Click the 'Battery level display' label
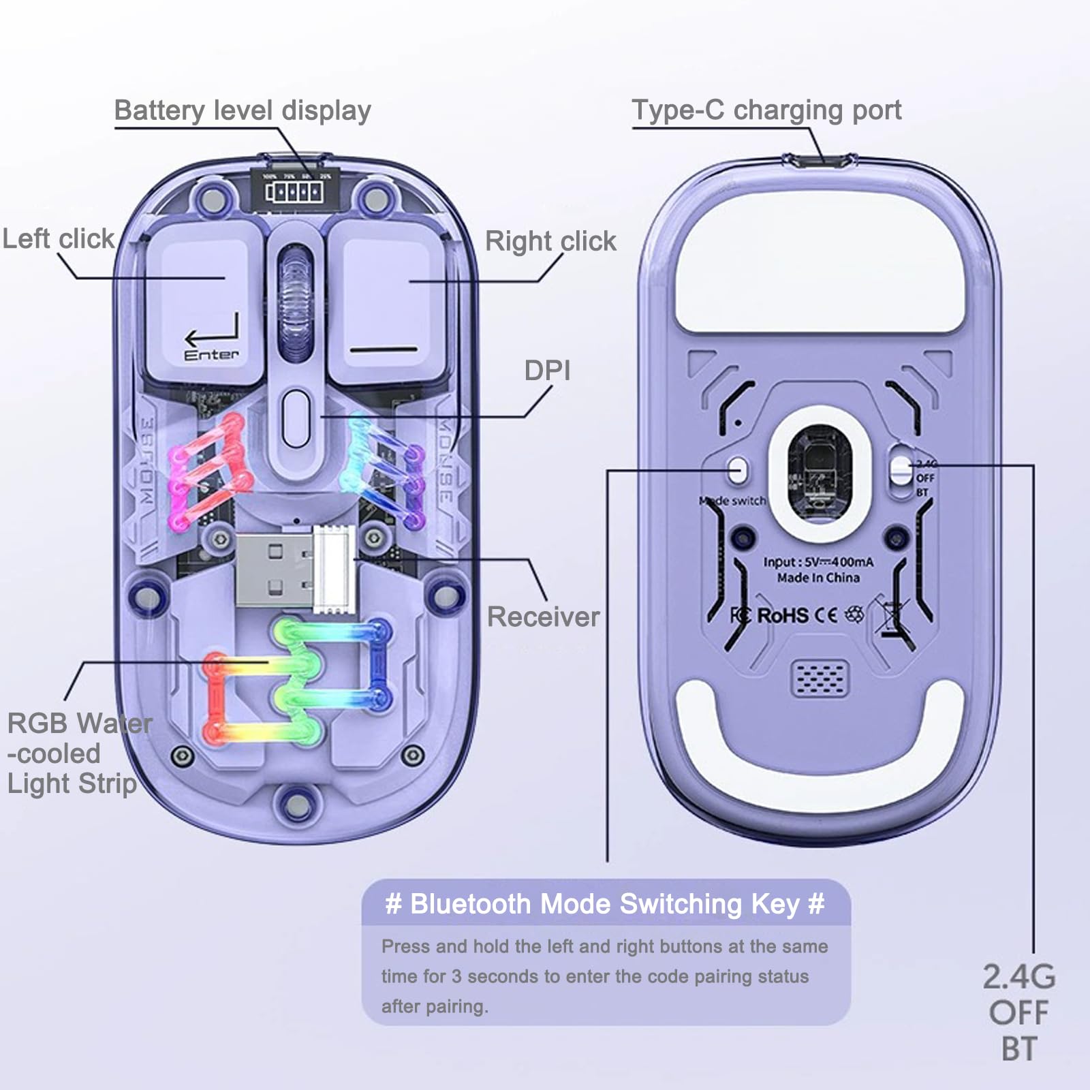pos(243,110)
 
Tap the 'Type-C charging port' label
pos(766,110)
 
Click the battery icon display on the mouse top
pos(294,192)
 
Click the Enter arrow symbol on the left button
pos(213,334)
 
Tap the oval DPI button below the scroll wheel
pos(296,418)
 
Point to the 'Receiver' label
pos(543,617)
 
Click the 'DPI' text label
pos(547,371)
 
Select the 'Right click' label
pos(550,241)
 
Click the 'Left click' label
pos(59,239)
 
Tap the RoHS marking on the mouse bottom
pos(783,616)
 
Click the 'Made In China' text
pos(818,578)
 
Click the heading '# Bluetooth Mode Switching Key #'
pos(605,904)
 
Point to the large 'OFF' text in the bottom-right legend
pos(1018,1013)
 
